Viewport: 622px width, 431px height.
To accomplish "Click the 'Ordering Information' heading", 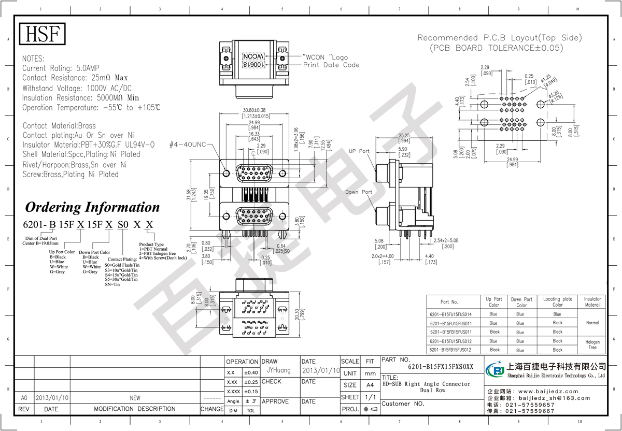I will point(93,207).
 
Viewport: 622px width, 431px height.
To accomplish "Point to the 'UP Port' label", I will point(359,151).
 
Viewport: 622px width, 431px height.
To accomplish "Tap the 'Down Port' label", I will point(359,192).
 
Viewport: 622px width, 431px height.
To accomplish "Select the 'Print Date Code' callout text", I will point(331,65).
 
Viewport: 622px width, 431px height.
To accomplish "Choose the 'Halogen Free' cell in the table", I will point(592,344).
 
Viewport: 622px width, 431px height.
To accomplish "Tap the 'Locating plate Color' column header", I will point(557,302).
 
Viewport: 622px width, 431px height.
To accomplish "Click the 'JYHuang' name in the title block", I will point(278,371).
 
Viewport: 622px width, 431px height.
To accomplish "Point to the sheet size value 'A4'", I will point(370,385).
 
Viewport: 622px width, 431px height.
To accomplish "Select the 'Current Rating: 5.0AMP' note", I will point(61,68).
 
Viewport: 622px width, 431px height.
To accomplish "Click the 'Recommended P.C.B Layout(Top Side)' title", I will point(500,38).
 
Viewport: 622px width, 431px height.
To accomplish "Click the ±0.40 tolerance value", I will point(251,372).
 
